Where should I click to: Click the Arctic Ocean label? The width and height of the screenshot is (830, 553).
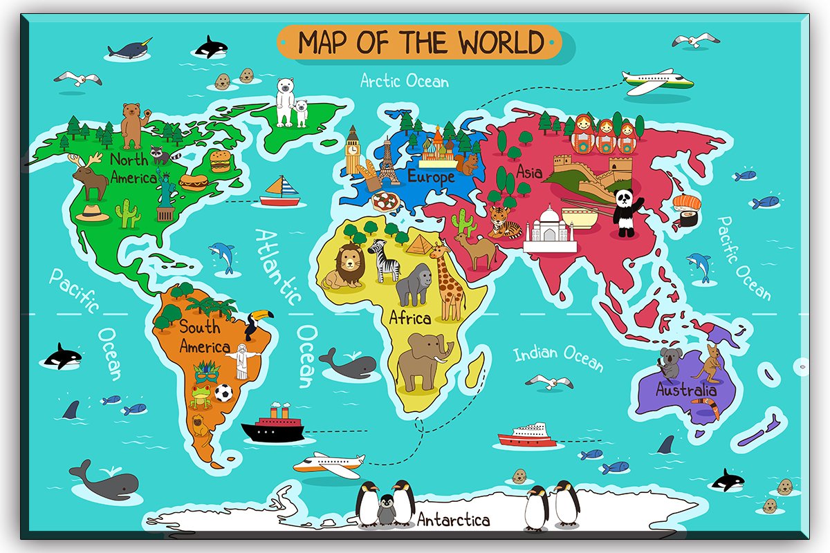[x=405, y=81]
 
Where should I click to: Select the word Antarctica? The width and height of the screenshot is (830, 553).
[x=454, y=520]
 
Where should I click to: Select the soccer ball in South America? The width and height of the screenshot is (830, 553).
[x=223, y=393]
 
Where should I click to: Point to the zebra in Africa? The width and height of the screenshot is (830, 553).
[x=385, y=259]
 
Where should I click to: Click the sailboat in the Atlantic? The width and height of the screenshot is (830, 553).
[x=280, y=191]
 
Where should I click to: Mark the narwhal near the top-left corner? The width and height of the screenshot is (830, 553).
[x=129, y=50]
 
